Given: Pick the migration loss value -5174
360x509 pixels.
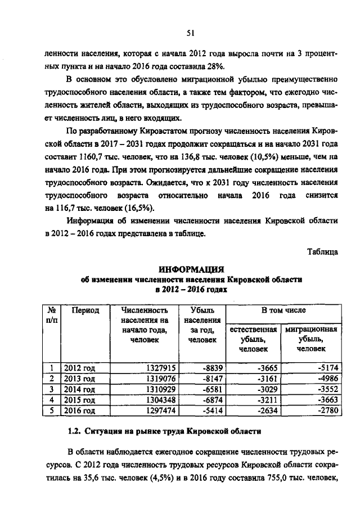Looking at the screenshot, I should pyautogui.click(x=325, y=368).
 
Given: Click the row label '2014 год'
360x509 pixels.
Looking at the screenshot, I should pyautogui.click(x=79, y=389).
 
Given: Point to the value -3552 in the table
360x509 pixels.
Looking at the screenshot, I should pyautogui.click(x=325, y=389).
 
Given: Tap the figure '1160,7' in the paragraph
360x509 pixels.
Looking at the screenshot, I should pyautogui.click(x=83, y=158).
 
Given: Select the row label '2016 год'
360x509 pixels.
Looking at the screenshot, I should pyautogui.click(x=79, y=410).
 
